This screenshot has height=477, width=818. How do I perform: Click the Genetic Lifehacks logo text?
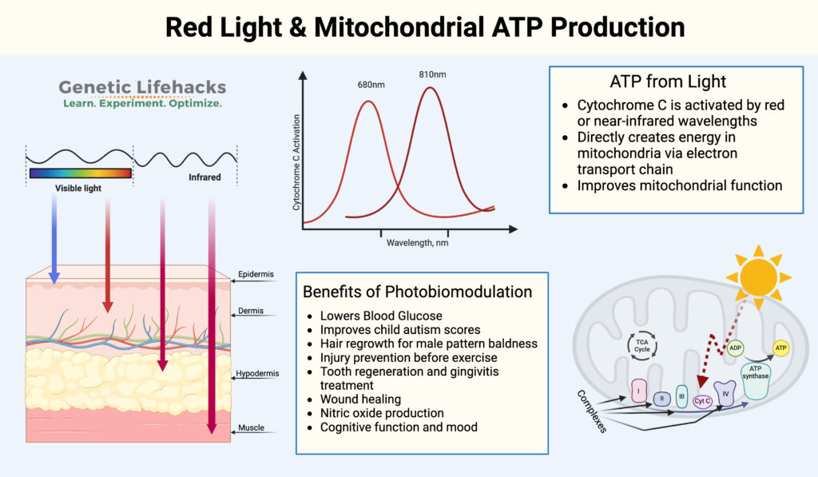point(143,88)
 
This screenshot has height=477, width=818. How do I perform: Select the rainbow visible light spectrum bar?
point(80,172)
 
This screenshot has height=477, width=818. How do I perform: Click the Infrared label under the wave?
point(204,177)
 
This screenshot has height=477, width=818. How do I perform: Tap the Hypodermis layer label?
point(256,374)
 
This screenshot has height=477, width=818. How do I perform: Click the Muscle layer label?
point(251,428)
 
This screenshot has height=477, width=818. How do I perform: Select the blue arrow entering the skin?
point(54,240)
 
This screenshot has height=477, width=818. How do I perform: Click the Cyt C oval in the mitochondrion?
point(703,401)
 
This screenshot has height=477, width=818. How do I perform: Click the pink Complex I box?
point(638,392)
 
